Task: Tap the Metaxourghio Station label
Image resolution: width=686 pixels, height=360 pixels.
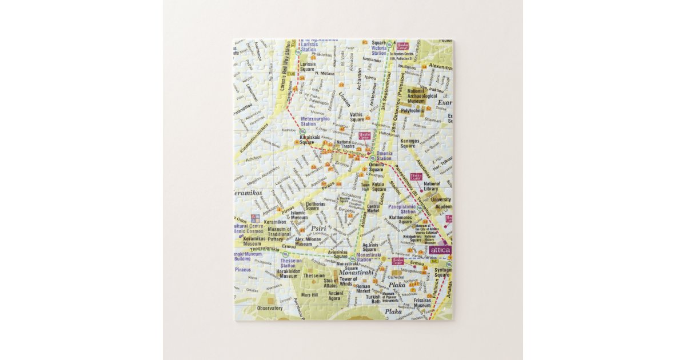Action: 316,121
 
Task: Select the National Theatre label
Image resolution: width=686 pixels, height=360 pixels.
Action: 345,144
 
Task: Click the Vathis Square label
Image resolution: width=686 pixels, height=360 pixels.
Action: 356,117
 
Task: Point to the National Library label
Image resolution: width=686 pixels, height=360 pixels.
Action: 432,186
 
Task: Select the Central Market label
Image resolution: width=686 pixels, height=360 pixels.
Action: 373,208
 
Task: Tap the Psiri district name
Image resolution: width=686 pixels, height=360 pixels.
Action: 318,228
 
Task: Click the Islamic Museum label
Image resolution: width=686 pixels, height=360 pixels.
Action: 299,215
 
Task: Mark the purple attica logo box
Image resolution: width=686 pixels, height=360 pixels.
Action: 440,250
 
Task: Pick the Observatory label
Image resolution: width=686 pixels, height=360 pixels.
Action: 270,308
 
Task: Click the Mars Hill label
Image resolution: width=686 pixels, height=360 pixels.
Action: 309,295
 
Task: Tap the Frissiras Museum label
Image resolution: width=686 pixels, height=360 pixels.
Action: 422,303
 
